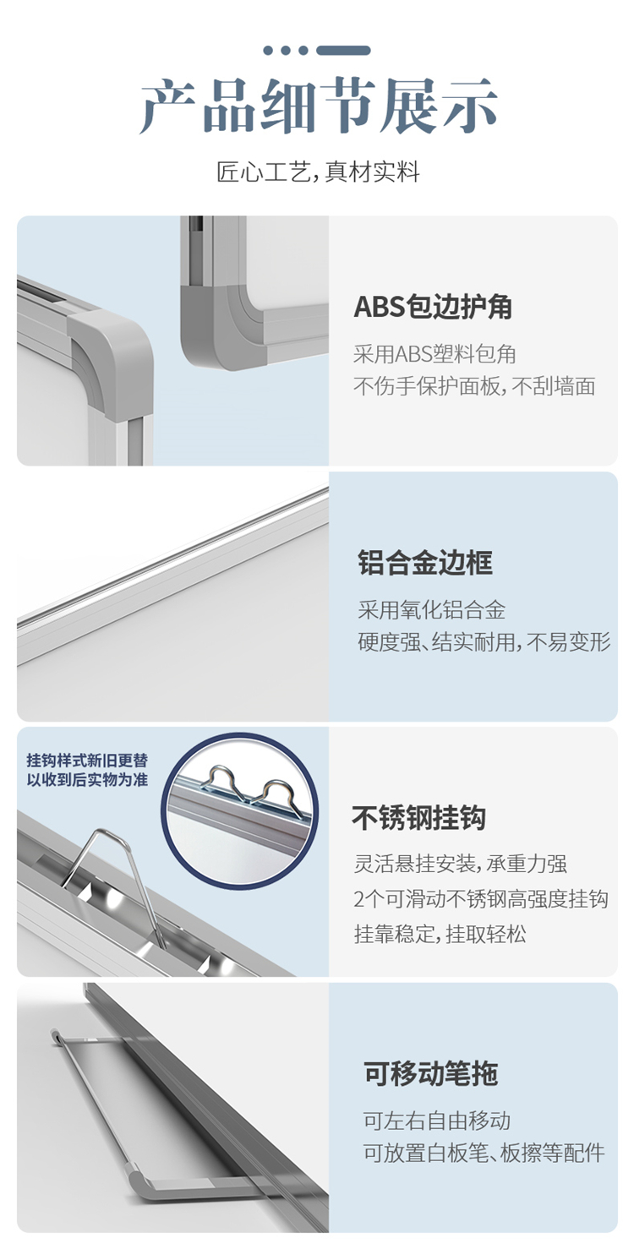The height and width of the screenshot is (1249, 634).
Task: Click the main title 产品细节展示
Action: [x=318, y=106]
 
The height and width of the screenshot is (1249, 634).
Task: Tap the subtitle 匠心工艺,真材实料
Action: [x=318, y=172]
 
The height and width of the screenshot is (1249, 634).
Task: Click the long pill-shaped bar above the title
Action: [x=343, y=51]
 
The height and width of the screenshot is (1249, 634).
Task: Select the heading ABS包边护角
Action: [x=434, y=307]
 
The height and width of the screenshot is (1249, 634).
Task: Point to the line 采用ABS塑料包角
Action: [x=435, y=354]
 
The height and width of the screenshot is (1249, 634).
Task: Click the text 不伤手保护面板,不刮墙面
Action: [x=474, y=386]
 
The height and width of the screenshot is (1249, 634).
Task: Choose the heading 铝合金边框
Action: [x=425, y=563]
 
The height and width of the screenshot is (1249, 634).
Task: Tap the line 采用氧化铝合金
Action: [x=432, y=610]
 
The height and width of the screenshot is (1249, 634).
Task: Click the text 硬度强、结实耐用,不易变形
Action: [x=484, y=641]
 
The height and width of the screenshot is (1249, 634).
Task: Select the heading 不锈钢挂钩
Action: [x=418, y=818]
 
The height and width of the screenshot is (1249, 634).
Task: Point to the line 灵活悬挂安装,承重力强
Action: [x=461, y=864]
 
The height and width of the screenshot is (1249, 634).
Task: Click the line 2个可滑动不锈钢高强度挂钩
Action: [x=481, y=899]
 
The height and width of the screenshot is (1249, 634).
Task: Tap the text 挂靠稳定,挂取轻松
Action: [x=440, y=934]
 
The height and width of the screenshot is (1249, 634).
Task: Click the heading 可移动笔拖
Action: [x=430, y=1073]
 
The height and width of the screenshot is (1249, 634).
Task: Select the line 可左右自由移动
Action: [x=436, y=1121]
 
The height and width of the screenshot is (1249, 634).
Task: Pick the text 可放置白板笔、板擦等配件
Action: [x=484, y=1153]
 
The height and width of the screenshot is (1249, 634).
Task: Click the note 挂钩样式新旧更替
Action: [x=88, y=761]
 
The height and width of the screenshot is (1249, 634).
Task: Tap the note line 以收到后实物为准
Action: [x=88, y=779]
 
